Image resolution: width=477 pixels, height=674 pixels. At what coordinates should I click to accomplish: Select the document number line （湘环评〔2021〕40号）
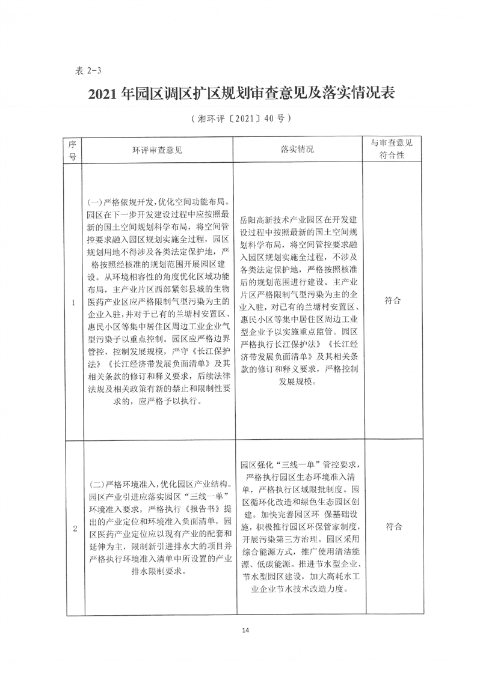coord(238,118)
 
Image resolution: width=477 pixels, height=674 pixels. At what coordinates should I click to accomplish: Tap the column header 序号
coord(72,149)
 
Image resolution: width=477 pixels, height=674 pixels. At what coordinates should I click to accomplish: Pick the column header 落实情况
coord(297,149)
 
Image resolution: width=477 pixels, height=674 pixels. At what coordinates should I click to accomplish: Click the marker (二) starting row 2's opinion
coord(95,484)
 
